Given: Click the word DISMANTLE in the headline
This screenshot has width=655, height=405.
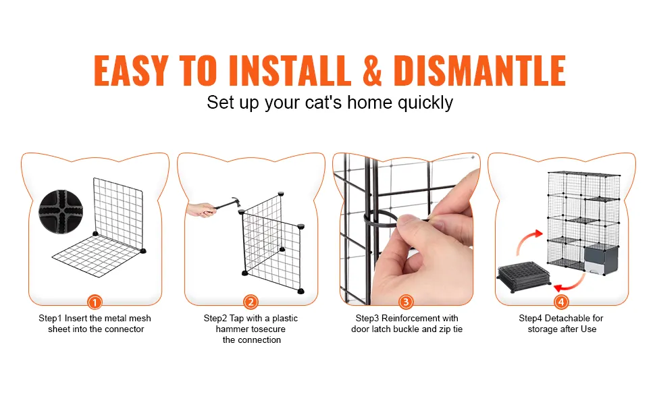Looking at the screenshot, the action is click(x=479, y=70).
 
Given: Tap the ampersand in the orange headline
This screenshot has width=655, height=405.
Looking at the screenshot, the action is click(x=372, y=70).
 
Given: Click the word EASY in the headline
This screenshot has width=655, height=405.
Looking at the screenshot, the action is click(x=131, y=70).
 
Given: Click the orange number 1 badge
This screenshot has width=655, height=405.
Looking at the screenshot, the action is click(x=95, y=302).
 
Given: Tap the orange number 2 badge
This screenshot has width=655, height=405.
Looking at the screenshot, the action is click(x=251, y=302).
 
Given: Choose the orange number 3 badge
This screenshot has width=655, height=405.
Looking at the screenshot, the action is click(x=406, y=302).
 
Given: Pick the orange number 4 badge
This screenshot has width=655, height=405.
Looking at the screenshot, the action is click(x=561, y=302).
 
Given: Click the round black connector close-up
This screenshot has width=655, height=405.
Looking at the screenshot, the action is click(x=61, y=211).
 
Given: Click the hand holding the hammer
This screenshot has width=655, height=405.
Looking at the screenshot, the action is click(x=201, y=210).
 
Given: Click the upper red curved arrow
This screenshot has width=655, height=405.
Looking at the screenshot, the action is click(x=529, y=242).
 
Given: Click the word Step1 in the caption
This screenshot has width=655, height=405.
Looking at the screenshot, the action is click(x=50, y=319).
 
